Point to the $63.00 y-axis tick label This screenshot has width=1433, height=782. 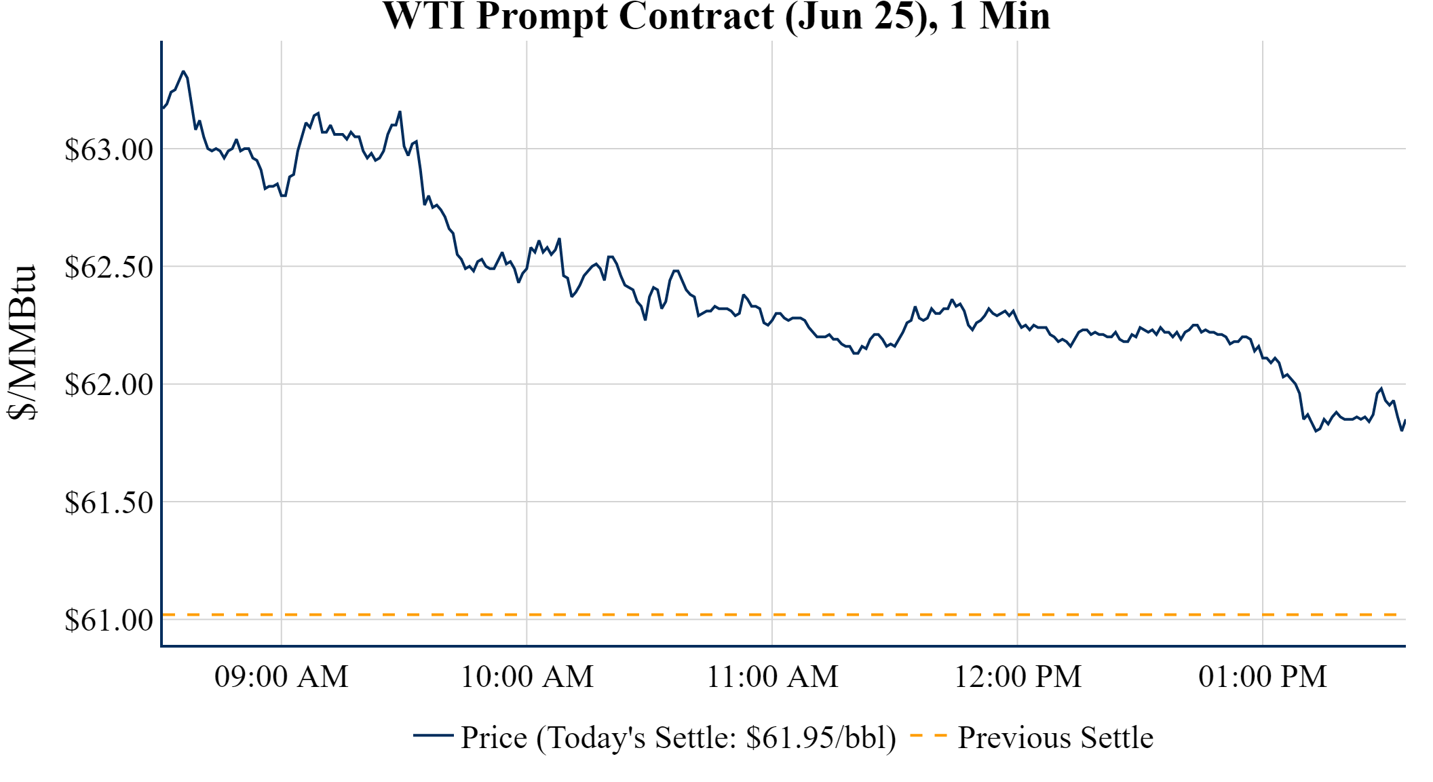tap(109, 149)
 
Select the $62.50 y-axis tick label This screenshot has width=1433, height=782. tap(109, 267)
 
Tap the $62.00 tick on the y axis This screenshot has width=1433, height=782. tap(109, 384)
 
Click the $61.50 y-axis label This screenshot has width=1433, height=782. tap(109, 502)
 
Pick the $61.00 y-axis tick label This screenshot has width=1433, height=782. tap(109, 620)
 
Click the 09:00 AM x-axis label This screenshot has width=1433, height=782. tap(282, 677)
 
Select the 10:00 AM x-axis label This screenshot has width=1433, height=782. tap(527, 677)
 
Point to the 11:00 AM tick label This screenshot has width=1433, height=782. tap(773, 677)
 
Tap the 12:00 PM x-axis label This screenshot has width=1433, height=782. tap(1018, 677)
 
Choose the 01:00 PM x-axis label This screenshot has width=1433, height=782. tap(1263, 677)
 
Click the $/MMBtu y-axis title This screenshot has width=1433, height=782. tap(22, 342)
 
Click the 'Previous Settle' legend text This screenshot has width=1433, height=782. tap(1055, 737)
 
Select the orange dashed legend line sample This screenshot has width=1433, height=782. tap(928, 735)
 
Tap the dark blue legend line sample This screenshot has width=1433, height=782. tap(433, 735)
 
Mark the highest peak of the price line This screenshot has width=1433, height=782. tap(183, 71)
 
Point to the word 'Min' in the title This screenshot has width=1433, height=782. tap(1014, 16)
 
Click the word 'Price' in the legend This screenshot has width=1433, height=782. tap(494, 737)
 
